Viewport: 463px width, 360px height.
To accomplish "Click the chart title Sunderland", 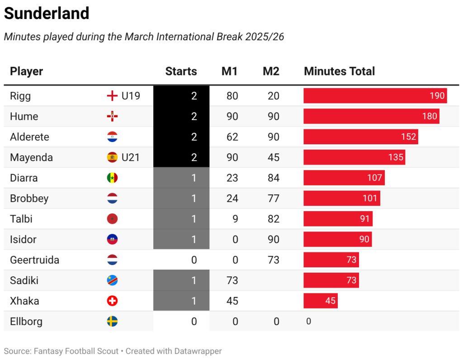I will pos(47,14).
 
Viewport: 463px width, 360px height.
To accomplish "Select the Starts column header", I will pos(181,71).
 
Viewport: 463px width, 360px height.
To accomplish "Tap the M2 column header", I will pos(271,71).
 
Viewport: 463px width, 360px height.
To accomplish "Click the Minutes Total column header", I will pos(339,71).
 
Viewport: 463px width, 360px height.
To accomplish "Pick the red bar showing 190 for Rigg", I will pos(375,96).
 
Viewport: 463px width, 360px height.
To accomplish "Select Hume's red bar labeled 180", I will pos(371,116).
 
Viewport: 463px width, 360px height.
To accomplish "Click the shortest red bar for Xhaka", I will pos(320,301).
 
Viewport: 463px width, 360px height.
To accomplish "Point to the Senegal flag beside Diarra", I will pos(112,178).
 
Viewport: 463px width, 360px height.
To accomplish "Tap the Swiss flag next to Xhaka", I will pos(112,301).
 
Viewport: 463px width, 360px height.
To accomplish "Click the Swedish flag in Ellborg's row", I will pos(112,322).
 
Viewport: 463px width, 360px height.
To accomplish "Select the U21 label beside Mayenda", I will pos(131,157).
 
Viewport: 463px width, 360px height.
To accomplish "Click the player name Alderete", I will pos(29,137).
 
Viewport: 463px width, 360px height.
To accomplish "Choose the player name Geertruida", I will pos(34,260).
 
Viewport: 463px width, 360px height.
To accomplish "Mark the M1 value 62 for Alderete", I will pos(232,137).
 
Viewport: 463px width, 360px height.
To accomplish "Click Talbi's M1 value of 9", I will pos(235,219).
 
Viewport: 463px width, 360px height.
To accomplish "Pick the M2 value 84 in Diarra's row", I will pos(273,178).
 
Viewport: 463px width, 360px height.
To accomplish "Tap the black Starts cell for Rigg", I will pos(181,96).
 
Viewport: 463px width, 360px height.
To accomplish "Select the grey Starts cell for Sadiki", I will pos(181,280).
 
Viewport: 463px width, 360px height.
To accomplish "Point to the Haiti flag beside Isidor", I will pos(112,240).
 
